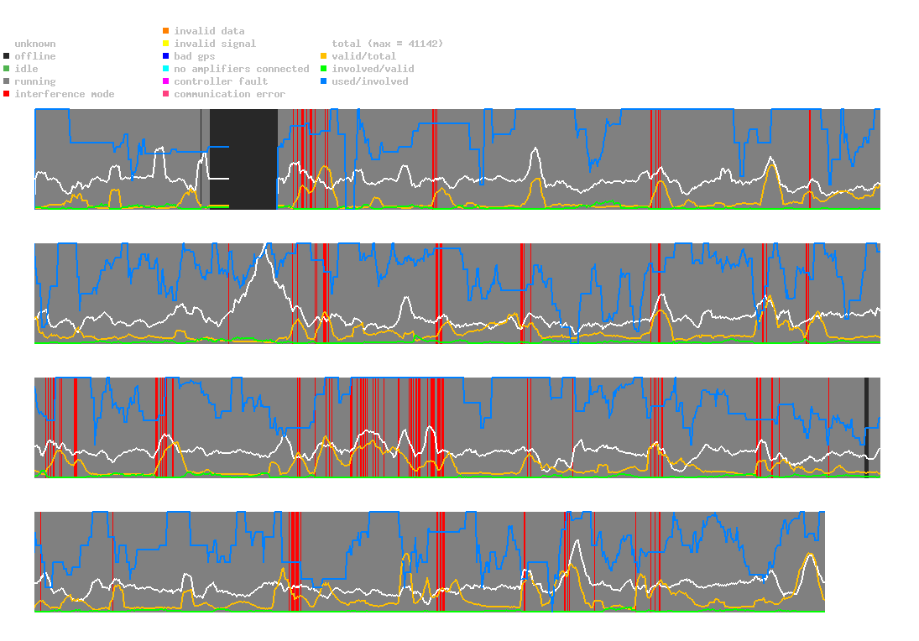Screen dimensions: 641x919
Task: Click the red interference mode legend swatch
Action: click(x=6, y=94)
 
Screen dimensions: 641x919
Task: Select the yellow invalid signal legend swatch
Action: click(x=165, y=44)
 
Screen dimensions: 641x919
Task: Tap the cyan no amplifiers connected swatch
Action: click(x=165, y=69)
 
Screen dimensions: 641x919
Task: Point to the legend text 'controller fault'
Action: click(x=221, y=81)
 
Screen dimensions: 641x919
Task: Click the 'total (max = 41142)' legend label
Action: click(x=387, y=44)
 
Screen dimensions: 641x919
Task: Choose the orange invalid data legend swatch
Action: click(x=165, y=31)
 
